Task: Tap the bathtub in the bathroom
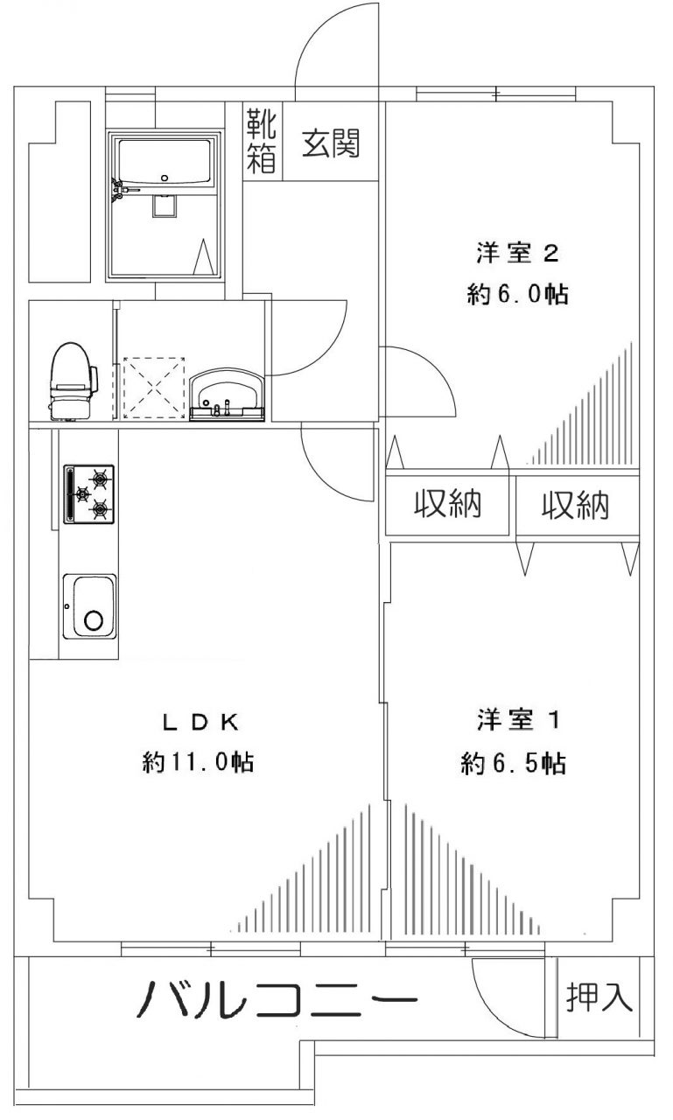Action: [165, 162]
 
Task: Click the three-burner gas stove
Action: [89, 494]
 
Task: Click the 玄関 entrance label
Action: [332, 143]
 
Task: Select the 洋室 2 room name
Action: [517, 254]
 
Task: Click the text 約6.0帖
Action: [517, 295]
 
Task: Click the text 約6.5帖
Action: [514, 764]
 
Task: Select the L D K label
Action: [198, 722]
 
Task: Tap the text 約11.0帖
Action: [198, 763]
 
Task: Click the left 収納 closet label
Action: [448, 505]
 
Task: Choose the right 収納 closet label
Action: [575, 506]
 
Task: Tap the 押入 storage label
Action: [599, 997]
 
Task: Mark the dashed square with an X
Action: [155, 388]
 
